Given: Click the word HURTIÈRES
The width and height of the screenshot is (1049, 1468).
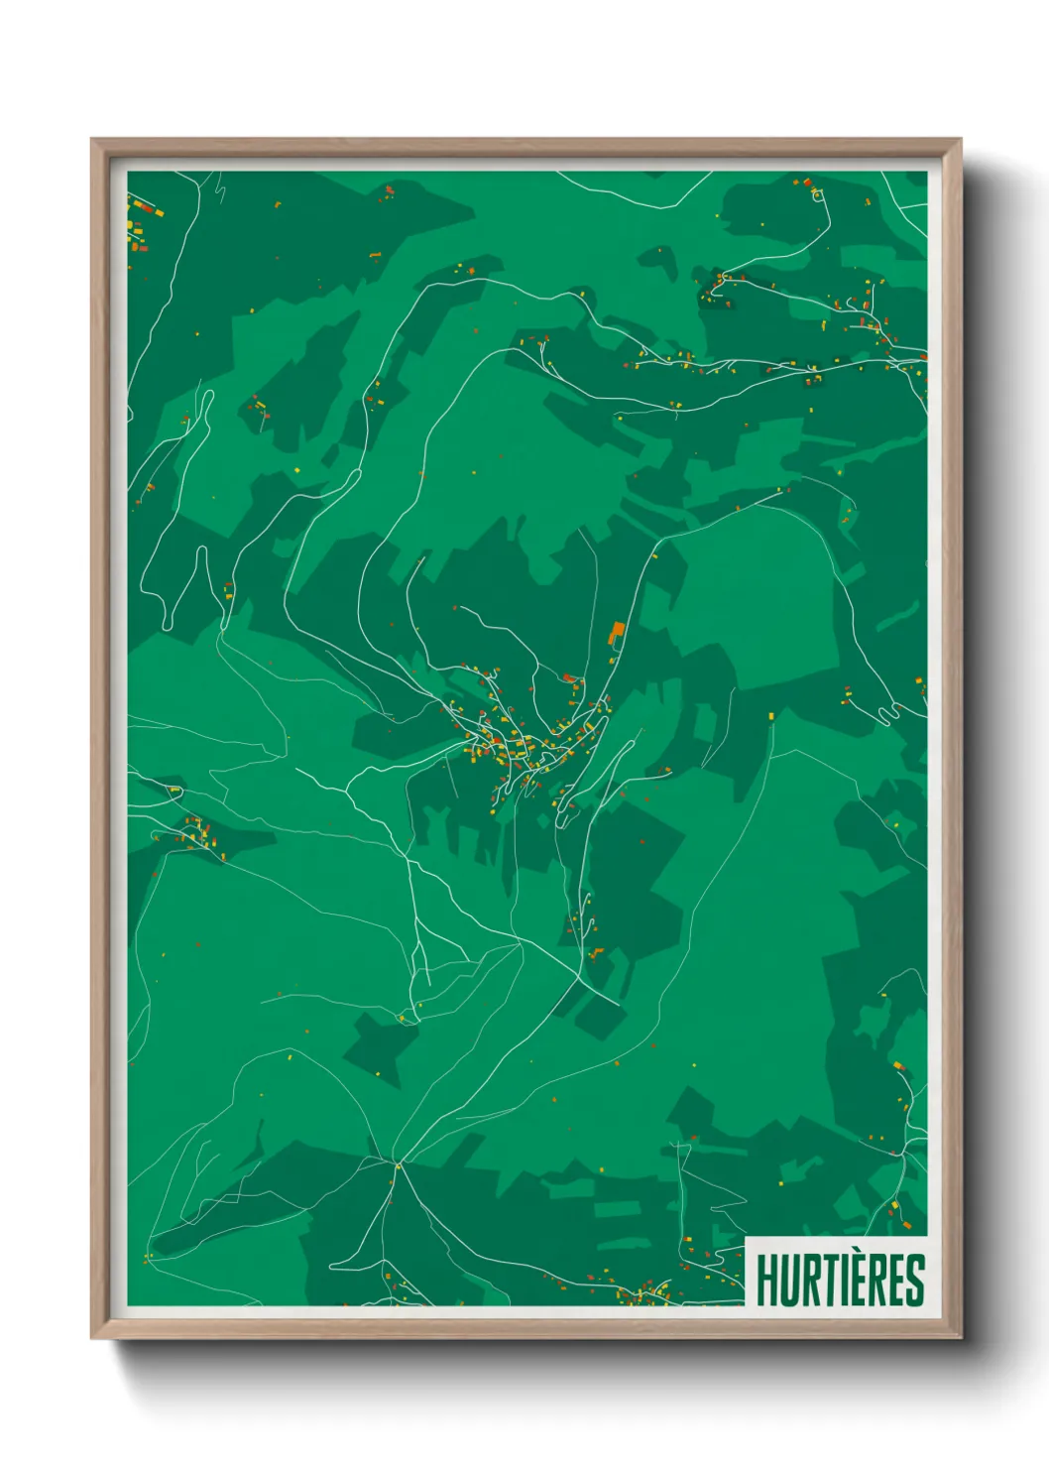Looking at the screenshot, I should click(840, 1280).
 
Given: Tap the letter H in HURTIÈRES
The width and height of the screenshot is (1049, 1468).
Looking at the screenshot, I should click(767, 1281).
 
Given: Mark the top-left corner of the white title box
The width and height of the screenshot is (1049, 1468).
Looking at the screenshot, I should click(746, 1238).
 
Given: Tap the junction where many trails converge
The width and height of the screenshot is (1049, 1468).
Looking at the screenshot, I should click(397, 1162).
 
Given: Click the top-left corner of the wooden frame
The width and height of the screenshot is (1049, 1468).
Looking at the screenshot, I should click(92, 140).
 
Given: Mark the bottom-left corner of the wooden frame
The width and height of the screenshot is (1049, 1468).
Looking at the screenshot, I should click(92, 1338).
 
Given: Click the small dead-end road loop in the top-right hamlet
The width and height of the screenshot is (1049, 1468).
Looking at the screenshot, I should click(817, 195).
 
